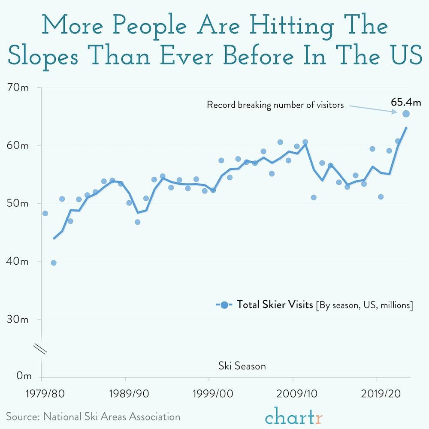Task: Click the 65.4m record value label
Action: [406, 102]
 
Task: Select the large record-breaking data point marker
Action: [406, 114]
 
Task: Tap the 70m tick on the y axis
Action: [18, 88]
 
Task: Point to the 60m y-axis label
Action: [18, 145]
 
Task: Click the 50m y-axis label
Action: [18, 203]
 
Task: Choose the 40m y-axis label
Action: [18, 261]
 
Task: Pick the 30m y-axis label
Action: [18, 319]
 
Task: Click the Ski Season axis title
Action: [242, 366]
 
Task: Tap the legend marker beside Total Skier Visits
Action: [224, 305]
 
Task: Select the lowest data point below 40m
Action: [54, 263]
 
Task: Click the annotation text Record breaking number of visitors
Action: [275, 105]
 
